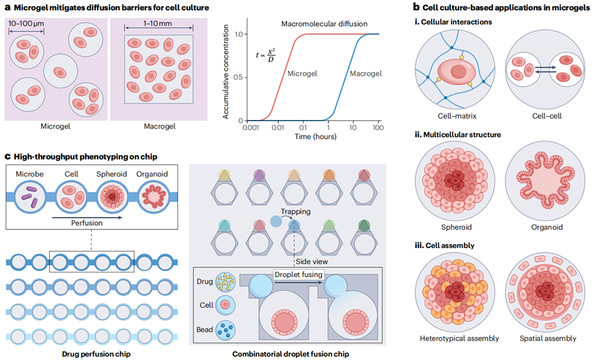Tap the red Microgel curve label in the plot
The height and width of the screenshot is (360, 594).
pos(303,73)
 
